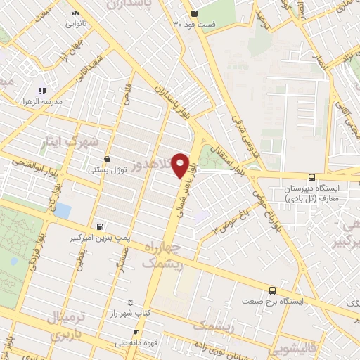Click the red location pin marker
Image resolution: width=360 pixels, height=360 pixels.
[181, 165]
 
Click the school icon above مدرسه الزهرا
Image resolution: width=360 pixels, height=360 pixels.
[42, 91]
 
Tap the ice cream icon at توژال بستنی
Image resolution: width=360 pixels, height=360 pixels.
[106, 160]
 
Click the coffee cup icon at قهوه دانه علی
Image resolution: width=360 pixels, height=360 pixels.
[136, 332]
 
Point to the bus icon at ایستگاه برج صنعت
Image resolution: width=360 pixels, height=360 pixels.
[272, 290]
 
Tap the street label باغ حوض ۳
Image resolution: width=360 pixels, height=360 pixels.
[240, 217]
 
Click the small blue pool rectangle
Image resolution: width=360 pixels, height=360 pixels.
[63, 210]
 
